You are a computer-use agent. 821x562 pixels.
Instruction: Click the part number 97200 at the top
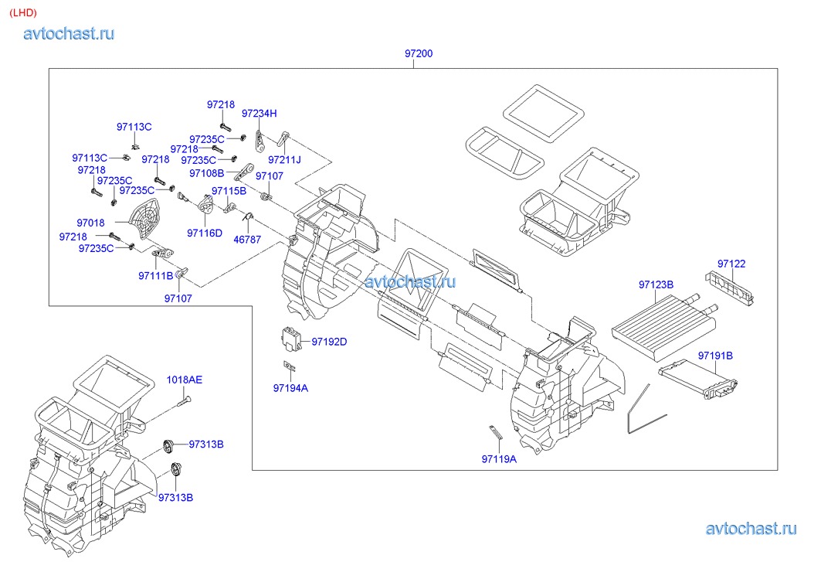click(x=418, y=54)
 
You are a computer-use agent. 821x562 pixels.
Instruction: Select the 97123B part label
click(x=656, y=284)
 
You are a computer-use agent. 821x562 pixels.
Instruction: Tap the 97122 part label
click(x=731, y=264)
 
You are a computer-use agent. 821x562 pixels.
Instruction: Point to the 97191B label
click(x=715, y=356)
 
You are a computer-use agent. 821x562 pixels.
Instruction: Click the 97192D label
click(x=330, y=341)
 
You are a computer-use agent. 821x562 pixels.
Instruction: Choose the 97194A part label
click(x=290, y=388)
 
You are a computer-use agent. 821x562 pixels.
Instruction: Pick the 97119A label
click(x=499, y=458)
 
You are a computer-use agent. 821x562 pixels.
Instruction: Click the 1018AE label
click(x=185, y=380)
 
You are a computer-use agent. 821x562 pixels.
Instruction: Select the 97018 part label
click(x=91, y=223)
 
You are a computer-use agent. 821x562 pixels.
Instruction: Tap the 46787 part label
click(x=247, y=240)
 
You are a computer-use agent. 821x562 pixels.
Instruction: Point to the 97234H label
click(x=259, y=113)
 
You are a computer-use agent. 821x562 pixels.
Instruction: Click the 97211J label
click(x=284, y=159)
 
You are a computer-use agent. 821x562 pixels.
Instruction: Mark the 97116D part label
click(x=204, y=233)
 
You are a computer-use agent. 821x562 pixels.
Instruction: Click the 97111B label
click(x=156, y=275)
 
